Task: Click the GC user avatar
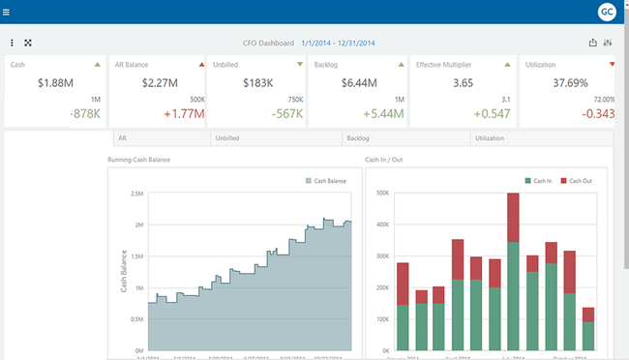[606, 12]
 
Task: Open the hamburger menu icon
[8, 12]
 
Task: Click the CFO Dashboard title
[268, 43]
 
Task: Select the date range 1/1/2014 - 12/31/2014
[338, 43]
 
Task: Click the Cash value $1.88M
[54, 83]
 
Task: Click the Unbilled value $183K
[255, 83]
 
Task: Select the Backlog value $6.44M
[357, 83]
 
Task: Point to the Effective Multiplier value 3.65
[462, 83]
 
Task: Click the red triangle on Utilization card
[612, 65]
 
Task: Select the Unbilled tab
[228, 138]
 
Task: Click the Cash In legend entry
[537, 180]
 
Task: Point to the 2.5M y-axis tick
[136, 194]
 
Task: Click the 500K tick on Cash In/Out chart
[381, 194]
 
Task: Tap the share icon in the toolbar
[592, 43]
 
